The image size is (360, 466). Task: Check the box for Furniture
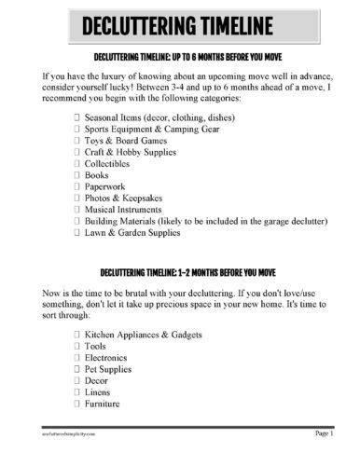(x=76, y=405)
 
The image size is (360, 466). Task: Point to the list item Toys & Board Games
(x=126, y=146)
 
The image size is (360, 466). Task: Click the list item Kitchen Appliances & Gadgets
(x=144, y=332)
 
